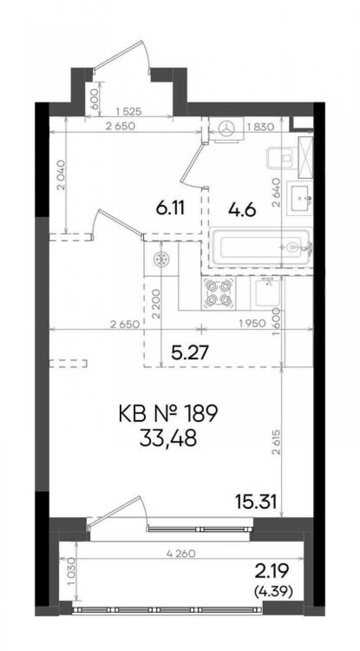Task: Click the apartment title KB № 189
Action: tap(168, 414)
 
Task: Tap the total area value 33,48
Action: tap(168, 439)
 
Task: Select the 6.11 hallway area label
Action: tap(170, 208)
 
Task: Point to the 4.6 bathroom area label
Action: tap(242, 209)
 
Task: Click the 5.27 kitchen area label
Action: tap(190, 353)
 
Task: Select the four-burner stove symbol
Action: tap(219, 293)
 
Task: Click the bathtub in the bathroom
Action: tap(260, 247)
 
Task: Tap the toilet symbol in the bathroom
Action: tap(281, 158)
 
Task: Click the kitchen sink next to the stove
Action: tap(267, 293)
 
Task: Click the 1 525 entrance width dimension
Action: tap(128, 112)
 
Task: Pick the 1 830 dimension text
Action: tap(260, 127)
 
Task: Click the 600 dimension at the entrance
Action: tap(94, 99)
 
